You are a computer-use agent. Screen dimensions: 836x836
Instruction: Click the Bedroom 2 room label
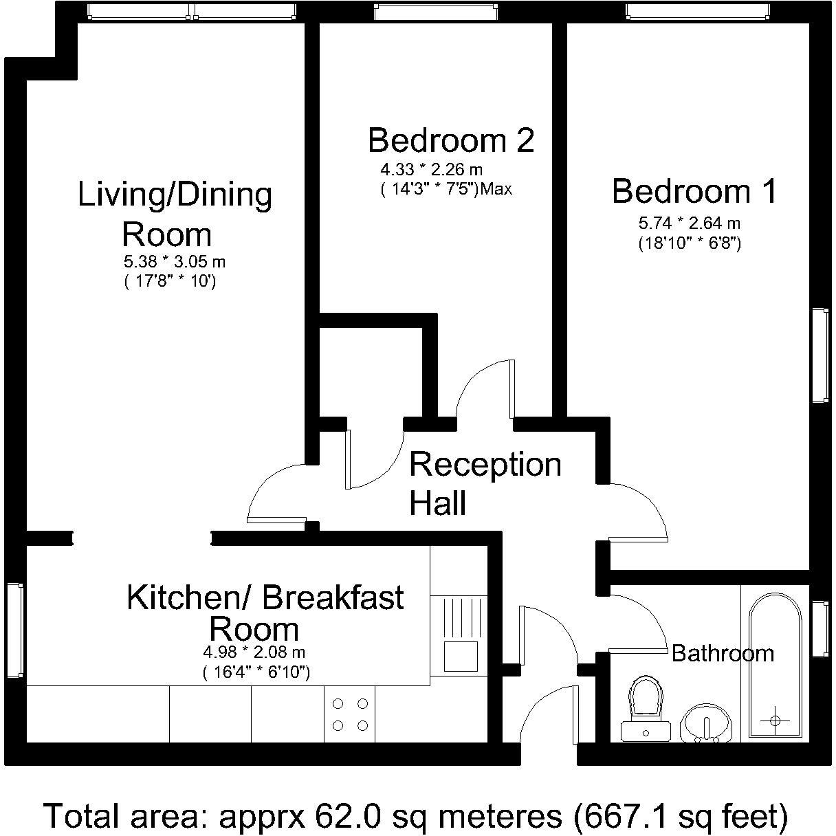451,140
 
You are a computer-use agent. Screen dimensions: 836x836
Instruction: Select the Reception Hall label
485,483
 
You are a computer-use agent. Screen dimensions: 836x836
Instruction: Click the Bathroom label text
723,652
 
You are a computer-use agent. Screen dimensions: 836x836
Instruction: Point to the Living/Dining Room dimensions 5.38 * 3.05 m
175,262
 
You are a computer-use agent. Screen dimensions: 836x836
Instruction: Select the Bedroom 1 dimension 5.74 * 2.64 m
690,223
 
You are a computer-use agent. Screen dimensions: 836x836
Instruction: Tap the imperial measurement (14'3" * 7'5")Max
446,189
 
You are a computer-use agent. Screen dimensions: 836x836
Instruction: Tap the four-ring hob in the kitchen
351,714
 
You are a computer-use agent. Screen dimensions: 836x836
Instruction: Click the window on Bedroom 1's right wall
820,355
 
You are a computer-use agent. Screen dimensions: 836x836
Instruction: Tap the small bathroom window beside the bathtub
820,629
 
